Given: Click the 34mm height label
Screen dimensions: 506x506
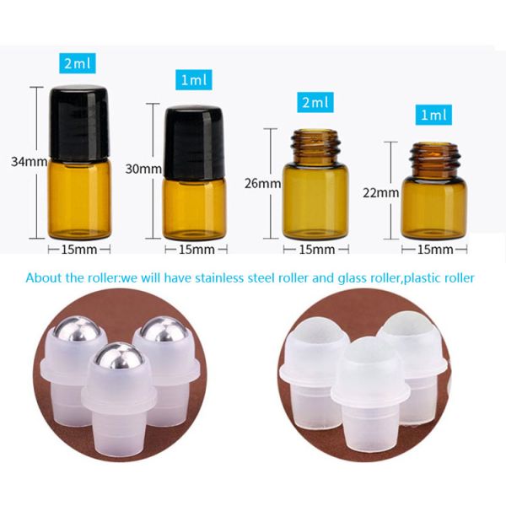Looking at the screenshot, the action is (x=30, y=161).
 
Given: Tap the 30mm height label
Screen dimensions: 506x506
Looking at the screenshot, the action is (x=143, y=169).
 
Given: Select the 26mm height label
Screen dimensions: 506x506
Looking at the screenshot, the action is (x=262, y=183).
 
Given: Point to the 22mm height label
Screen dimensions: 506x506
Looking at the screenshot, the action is (x=381, y=193).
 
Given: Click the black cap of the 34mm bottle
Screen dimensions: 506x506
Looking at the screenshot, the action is (x=79, y=124).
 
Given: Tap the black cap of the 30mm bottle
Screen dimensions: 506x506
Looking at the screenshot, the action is (x=194, y=143).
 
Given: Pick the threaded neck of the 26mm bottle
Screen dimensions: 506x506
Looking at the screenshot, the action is (x=315, y=147).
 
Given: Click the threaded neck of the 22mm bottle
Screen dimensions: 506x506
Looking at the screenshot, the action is (x=433, y=160).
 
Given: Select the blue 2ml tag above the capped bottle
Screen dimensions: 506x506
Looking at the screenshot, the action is (x=78, y=62).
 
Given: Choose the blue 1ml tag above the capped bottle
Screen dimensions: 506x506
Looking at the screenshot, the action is (x=194, y=79).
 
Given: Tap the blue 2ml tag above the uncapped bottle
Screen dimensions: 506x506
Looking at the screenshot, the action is (x=315, y=102).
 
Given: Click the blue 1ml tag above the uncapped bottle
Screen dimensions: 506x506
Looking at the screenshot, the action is (x=433, y=115).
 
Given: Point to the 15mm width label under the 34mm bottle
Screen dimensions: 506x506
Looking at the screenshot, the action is (x=79, y=249).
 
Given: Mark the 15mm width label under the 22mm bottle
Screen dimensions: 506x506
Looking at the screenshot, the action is (x=435, y=249).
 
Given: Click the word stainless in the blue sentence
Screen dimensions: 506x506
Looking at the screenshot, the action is (x=219, y=277).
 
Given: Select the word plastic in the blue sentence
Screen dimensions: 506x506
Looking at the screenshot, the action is (x=423, y=278).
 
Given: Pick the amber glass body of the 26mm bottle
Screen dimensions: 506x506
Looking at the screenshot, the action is (x=315, y=201).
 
